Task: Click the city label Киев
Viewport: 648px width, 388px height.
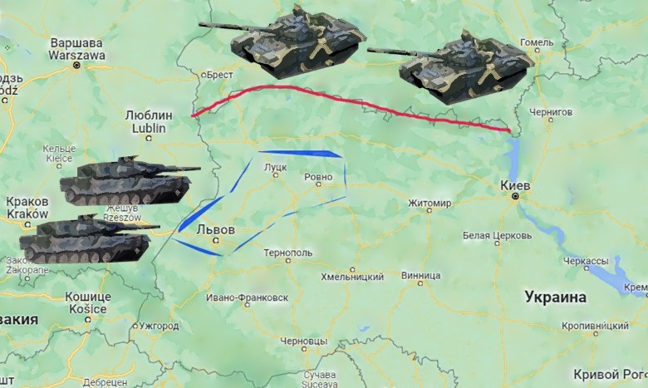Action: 516,184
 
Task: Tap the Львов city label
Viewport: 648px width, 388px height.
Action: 215,229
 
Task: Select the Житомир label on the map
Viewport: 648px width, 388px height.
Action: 430,203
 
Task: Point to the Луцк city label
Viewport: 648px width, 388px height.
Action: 274,167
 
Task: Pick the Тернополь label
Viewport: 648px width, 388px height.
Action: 287,253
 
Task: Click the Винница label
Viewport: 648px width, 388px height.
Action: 420,275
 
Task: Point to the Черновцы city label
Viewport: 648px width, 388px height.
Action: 304,341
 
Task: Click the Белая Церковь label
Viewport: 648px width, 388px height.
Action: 493,236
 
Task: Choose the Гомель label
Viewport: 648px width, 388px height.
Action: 536,42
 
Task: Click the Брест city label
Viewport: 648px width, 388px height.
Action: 218,74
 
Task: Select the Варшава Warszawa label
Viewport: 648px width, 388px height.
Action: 78,48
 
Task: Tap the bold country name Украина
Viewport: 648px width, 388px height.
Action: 556,297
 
